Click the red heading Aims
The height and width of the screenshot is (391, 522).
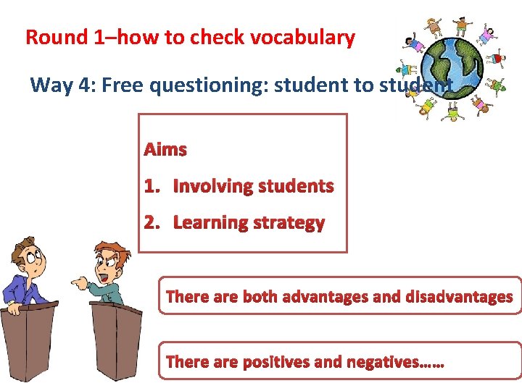[165, 150]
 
